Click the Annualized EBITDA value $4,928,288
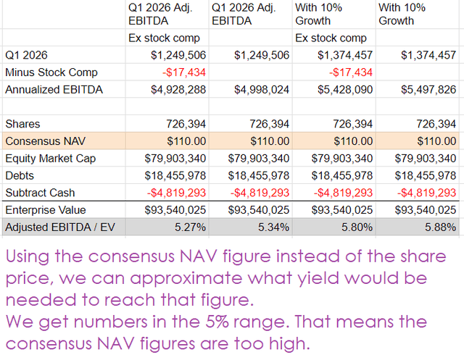coord(178,90)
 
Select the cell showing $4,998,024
coord(262,90)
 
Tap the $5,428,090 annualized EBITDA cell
coord(345,90)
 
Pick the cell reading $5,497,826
coord(428,90)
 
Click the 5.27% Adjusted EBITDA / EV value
coord(190,227)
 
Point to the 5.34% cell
coord(274,227)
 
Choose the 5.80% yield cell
coord(357,227)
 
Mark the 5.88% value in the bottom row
coord(441,227)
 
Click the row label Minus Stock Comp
coord(51,72)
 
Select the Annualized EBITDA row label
coord(54,90)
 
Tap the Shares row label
coord(22,124)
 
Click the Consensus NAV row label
coord(45,141)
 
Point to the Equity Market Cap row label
coord(51,159)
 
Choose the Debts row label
coord(20,175)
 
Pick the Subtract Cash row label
coord(40,193)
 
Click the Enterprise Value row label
coord(46,210)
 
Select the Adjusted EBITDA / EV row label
coord(60,227)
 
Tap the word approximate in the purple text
coord(186,279)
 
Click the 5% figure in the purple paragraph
coord(217,322)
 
